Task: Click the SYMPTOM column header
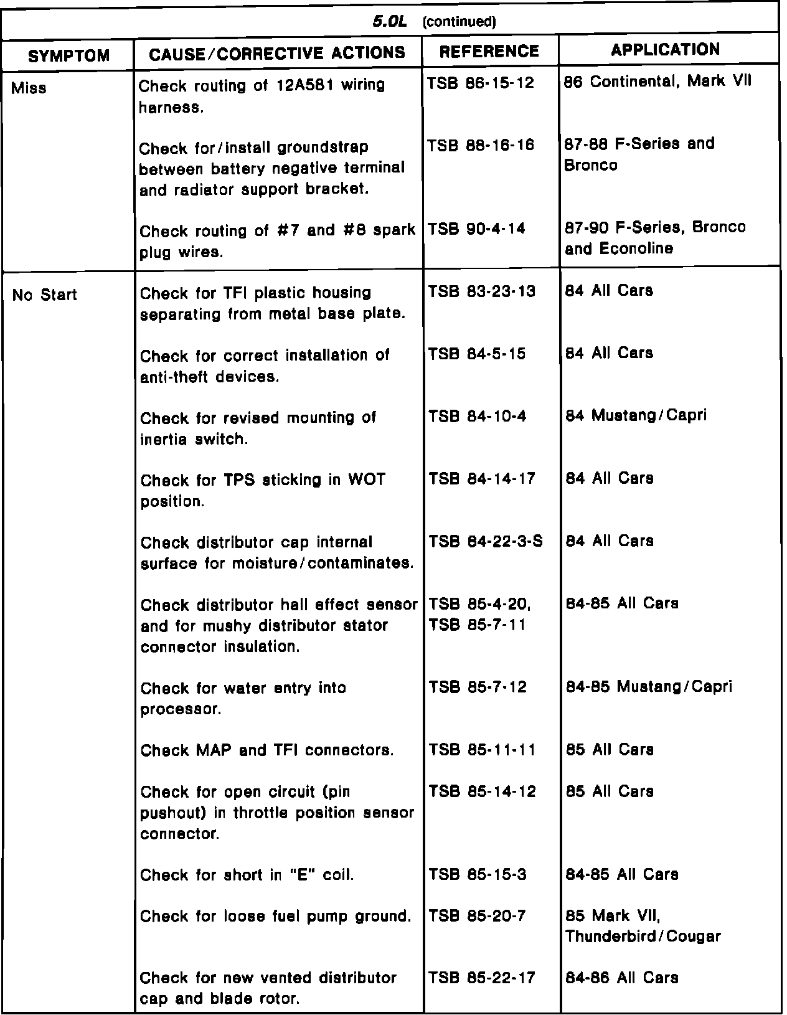tap(69, 56)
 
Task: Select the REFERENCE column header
tap(489, 51)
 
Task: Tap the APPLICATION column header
tap(665, 50)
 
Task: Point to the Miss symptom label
tap(29, 88)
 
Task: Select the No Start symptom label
tap(44, 295)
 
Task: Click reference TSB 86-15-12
tap(481, 83)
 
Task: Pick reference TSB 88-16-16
tap(481, 145)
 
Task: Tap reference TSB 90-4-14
tap(476, 229)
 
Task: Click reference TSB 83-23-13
tap(482, 291)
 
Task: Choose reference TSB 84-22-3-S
tap(486, 541)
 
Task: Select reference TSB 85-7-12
tap(478, 687)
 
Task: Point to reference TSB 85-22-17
tap(482, 978)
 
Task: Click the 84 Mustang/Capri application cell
tap(636, 415)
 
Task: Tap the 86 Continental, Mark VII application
tap(657, 82)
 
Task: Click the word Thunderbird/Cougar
tap(643, 937)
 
